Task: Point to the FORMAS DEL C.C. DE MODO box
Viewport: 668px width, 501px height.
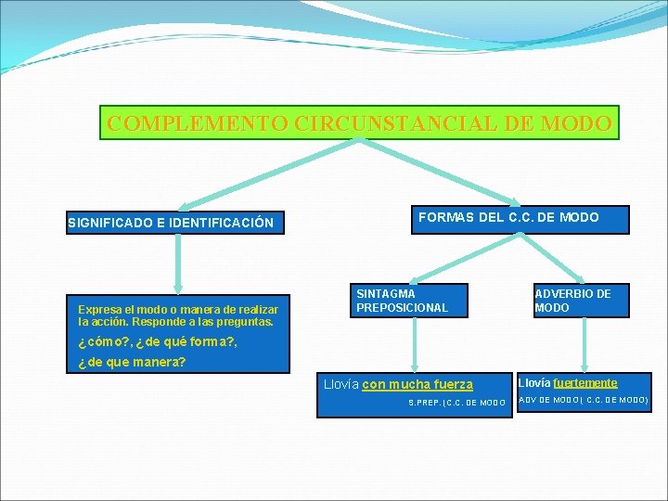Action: pyautogui.click(x=508, y=218)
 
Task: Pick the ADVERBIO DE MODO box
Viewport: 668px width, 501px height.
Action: pyautogui.click(x=581, y=301)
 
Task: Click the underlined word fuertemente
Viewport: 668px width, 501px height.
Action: pyautogui.click(x=585, y=382)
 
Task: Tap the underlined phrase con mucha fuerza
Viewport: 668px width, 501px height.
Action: pyautogui.click(x=417, y=384)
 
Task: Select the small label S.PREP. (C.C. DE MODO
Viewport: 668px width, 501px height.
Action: pyautogui.click(x=456, y=403)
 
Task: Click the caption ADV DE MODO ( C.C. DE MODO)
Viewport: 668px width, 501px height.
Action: pyautogui.click(x=583, y=401)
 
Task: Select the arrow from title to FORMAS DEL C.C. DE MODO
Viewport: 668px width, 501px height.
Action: pyautogui.click(x=436, y=172)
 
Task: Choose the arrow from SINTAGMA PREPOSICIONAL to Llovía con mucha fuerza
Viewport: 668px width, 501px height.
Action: pyautogui.click(x=413, y=343)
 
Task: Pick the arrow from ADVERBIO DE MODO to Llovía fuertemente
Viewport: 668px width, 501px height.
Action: pyautogui.click(x=584, y=343)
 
